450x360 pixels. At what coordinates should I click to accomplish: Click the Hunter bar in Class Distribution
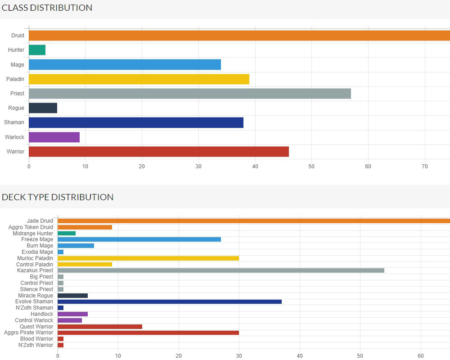pyautogui.click(x=37, y=50)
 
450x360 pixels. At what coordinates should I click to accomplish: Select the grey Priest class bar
pyautogui.click(x=189, y=94)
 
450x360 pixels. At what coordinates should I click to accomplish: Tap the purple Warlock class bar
pyautogui.click(x=54, y=137)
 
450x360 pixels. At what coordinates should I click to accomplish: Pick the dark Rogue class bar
pyautogui.click(x=43, y=108)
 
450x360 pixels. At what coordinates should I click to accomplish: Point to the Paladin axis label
pyautogui.click(x=15, y=79)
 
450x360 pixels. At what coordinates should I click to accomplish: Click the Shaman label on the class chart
pyautogui.click(x=14, y=122)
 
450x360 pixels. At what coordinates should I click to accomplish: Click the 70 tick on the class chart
pyautogui.click(x=425, y=166)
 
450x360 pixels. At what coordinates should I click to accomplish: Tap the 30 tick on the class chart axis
pyautogui.click(x=198, y=166)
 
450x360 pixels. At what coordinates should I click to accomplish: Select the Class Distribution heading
pyautogui.click(x=47, y=8)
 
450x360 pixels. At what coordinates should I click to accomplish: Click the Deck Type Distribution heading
pyautogui.click(x=58, y=197)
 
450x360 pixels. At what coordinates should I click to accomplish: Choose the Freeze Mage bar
pyautogui.click(x=139, y=239)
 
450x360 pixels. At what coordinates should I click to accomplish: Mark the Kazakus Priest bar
pyautogui.click(x=220, y=270)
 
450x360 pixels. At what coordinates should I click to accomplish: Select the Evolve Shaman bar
pyautogui.click(x=169, y=301)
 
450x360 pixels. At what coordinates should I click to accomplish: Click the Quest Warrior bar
pyautogui.click(x=99, y=326)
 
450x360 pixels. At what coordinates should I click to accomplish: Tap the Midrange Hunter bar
pyautogui.click(x=67, y=233)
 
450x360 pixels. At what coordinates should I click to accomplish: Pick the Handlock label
pyautogui.click(x=42, y=314)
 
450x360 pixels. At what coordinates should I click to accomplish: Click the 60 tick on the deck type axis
pyautogui.click(x=421, y=355)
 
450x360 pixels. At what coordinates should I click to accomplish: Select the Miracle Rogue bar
pyautogui.click(x=72, y=295)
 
